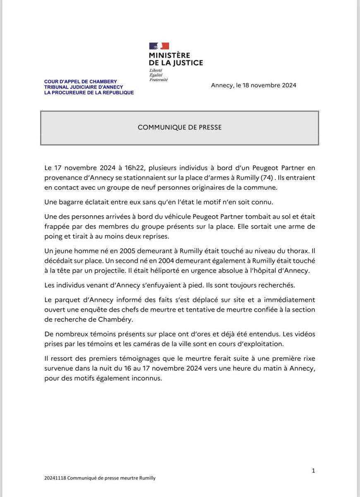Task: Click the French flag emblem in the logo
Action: coord(159,46)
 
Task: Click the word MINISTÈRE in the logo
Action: coord(170,55)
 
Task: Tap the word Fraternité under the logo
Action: coord(158,80)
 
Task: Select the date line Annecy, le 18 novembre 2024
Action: coord(253,85)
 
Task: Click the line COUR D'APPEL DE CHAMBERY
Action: coord(81,82)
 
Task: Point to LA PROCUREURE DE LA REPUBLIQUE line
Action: coord(89,93)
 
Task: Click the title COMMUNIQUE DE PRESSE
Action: coord(180,128)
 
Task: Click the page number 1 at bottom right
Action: coord(313,470)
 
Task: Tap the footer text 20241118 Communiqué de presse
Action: coord(100,478)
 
